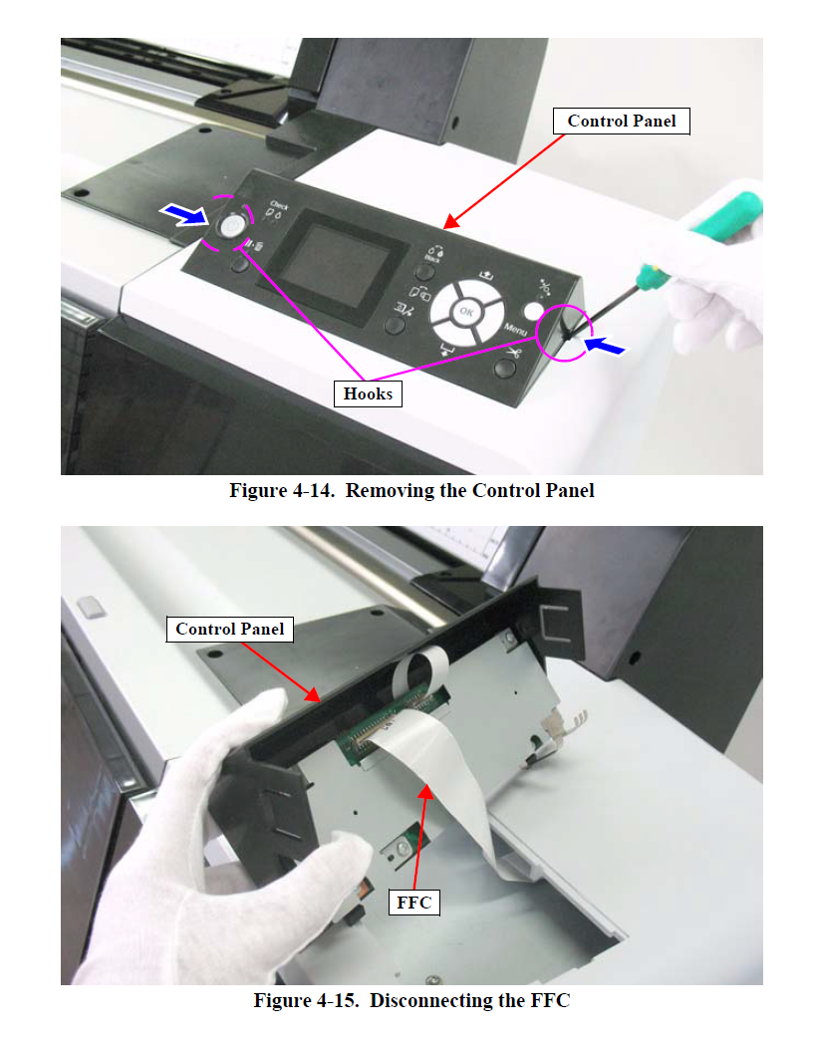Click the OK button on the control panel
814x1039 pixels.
click(x=465, y=312)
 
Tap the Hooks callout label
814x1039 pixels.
click(x=368, y=393)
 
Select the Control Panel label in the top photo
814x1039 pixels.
click(x=621, y=122)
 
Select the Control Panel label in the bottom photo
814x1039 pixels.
click(x=229, y=629)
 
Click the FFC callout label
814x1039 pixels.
click(x=412, y=903)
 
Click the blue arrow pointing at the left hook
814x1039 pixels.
click(x=186, y=212)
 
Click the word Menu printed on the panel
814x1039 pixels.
click(x=516, y=328)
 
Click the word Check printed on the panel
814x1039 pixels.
click(x=279, y=205)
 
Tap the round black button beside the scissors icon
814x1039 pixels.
click(x=505, y=369)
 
